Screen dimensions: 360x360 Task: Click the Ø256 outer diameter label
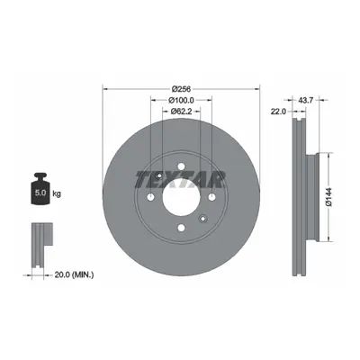click(181, 89)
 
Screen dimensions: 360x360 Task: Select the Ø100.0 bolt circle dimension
click(181, 100)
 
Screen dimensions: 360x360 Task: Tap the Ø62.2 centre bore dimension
click(181, 112)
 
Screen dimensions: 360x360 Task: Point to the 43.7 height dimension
click(306, 100)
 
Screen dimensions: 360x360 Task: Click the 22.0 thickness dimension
click(278, 112)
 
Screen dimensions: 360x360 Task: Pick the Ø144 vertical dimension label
click(328, 197)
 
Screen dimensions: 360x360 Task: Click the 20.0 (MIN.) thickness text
click(74, 274)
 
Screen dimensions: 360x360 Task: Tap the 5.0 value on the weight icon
click(40, 193)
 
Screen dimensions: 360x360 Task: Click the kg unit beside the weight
click(57, 194)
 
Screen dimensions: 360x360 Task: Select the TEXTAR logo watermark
click(181, 179)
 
